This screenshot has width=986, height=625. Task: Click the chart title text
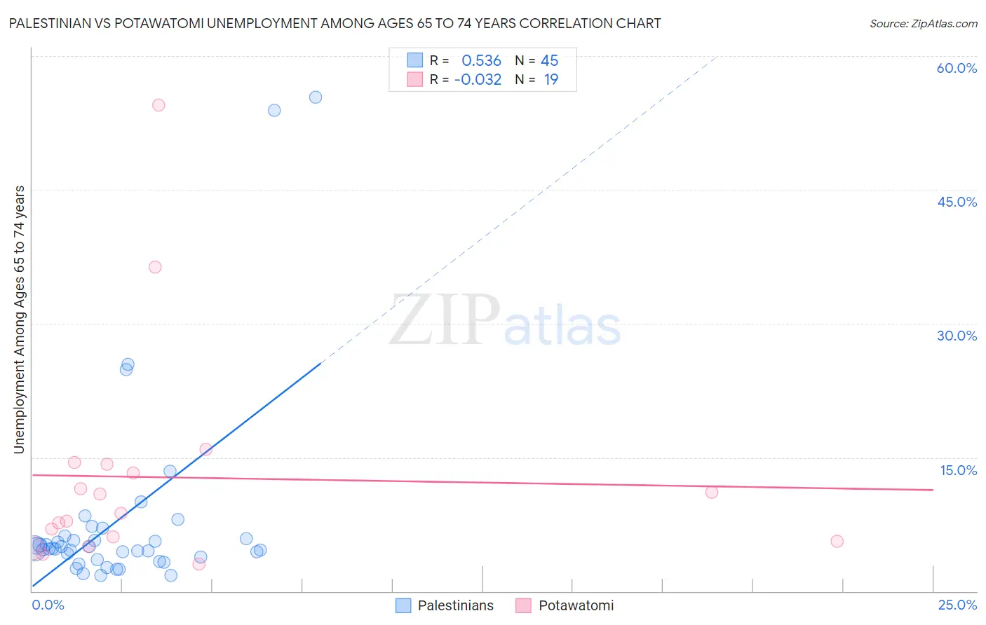tap(335, 24)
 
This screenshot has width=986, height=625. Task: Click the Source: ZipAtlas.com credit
tap(923, 24)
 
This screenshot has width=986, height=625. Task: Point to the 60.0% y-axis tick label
tap(957, 68)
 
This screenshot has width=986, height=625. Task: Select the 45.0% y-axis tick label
tap(957, 202)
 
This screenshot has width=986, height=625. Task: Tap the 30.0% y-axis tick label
tap(957, 336)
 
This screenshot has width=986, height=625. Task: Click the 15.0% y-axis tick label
tap(958, 470)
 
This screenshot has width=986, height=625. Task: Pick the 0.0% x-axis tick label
tap(48, 605)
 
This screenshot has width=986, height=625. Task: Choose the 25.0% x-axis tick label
tap(957, 605)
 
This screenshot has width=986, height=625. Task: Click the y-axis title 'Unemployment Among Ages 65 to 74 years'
tap(20, 320)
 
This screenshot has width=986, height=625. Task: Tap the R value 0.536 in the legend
tap(481, 61)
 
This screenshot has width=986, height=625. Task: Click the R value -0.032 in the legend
tap(478, 80)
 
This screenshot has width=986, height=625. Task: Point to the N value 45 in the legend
tap(549, 61)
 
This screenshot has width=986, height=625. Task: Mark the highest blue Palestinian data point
tap(316, 97)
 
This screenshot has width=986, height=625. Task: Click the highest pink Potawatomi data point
tap(158, 105)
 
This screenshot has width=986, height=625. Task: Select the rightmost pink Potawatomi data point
tap(837, 541)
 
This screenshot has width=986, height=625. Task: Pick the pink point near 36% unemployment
tap(155, 267)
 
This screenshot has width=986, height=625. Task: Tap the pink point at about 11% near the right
tap(712, 492)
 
